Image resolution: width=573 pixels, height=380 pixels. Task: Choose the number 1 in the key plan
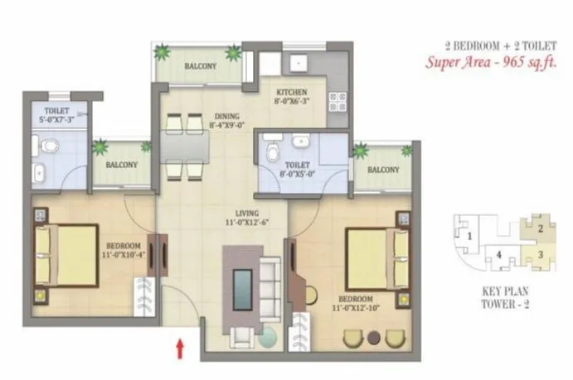469,237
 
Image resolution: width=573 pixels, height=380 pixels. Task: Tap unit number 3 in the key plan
539,254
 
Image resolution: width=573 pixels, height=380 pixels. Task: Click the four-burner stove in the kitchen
337,102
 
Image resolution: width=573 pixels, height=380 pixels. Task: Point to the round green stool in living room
269,339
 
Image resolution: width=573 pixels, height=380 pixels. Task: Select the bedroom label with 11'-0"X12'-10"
355,303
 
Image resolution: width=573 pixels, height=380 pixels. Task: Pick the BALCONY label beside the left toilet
120,165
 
